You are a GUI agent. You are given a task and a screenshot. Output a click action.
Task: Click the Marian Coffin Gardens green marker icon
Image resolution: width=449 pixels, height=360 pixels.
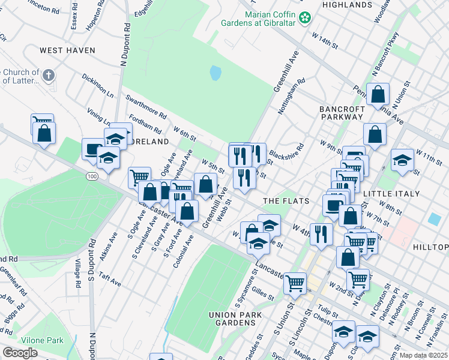pos(306,18)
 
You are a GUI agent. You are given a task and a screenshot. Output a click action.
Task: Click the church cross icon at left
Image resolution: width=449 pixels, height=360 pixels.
pos(49,76)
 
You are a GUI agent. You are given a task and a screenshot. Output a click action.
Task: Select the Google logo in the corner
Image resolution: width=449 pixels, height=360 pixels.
pos(20,353)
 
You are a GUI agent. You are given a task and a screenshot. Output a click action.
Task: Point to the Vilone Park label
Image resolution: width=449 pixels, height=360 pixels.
pos(42,340)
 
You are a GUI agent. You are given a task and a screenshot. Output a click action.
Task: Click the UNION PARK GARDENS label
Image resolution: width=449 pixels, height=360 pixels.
pos(232,319)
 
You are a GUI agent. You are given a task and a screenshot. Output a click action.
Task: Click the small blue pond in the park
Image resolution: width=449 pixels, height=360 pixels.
pos(215,74)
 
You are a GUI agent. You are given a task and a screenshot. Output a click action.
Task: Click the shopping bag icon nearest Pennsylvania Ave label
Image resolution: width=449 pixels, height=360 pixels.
pos(378,94)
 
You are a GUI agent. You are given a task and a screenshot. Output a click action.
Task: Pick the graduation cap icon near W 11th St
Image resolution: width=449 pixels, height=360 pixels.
pos(402,160)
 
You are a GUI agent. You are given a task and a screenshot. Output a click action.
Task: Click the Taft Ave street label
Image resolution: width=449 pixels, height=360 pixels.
pos(111,280)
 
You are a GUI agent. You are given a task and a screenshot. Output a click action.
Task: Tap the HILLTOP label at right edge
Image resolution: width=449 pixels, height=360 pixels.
pos(431,247)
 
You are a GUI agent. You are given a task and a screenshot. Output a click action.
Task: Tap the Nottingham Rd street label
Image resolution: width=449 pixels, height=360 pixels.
pos(292,96)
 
